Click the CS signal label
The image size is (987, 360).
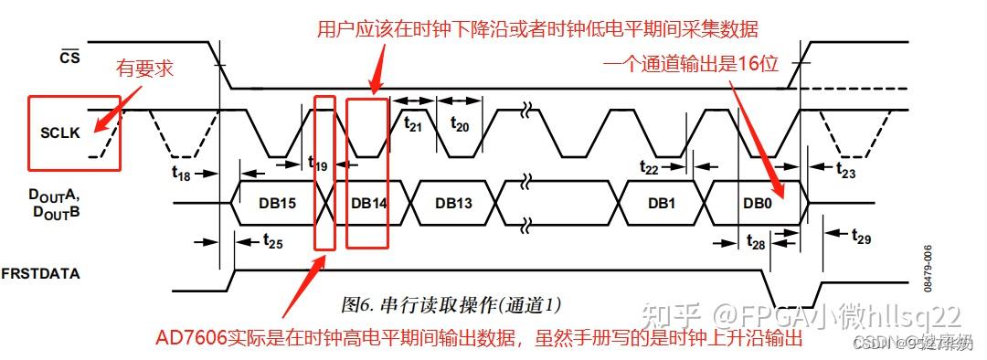pos(70,57)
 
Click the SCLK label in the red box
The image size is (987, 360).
pos(60,132)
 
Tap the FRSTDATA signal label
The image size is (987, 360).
pos(54,272)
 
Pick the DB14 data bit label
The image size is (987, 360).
pos(368,202)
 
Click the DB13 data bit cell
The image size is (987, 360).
pos(453,202)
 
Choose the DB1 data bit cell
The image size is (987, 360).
pos(661,202)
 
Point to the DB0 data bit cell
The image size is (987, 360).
pos(757,202)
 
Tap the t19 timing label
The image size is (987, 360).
pos(317,164)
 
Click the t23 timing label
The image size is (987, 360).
pos(845,169)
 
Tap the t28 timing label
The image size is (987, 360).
pos(756,242)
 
